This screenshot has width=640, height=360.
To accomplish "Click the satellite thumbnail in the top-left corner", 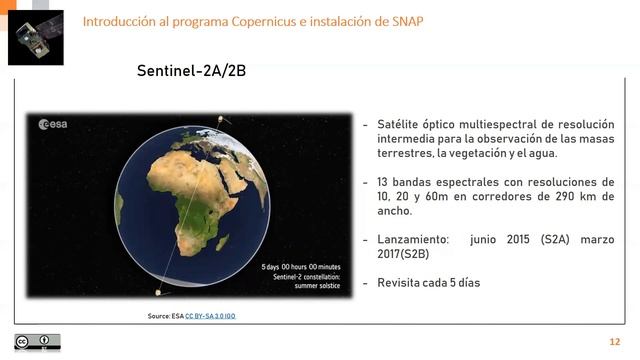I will (x=35, y=36).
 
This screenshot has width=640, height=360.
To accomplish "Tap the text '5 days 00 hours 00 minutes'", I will (x=300, y=267).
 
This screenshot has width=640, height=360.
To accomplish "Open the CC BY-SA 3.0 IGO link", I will (x=211, y=315).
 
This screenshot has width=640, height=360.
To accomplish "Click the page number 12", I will (x=614, y=342).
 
